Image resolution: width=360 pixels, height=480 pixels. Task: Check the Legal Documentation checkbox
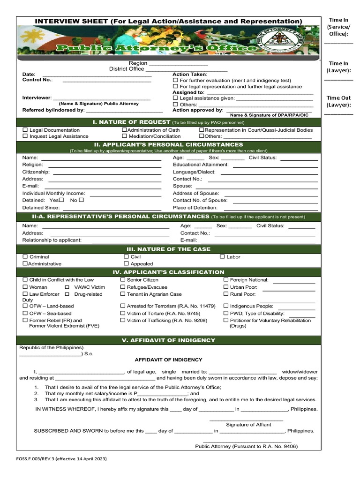(25, 130)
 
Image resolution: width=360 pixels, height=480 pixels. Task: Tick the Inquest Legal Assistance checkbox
(25, 136)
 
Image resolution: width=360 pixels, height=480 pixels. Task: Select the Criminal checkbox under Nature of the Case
(25, 257)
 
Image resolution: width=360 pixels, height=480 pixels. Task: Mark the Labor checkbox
(222, 257)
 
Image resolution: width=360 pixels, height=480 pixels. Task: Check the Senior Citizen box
(123, 280)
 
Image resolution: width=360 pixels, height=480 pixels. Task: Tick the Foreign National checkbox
(226, 280)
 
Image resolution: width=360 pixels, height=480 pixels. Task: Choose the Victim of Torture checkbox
(123, 313)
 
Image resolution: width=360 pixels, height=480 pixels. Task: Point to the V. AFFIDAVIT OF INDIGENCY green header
(169, 340)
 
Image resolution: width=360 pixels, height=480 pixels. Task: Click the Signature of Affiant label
(248, 425)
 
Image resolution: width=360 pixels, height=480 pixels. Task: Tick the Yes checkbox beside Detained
(61, 200)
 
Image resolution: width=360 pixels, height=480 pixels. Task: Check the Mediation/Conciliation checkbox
(125, 136)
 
